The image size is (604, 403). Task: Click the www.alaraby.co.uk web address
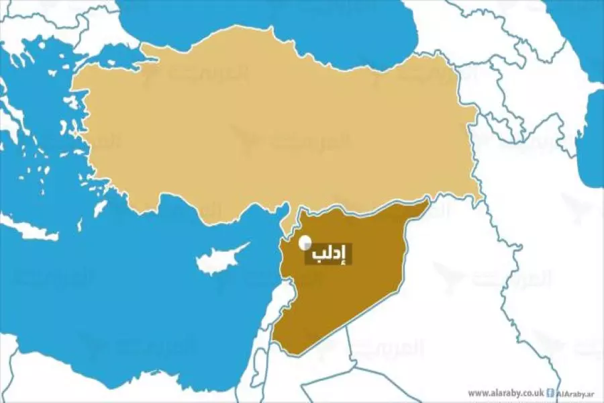tap(505, 393)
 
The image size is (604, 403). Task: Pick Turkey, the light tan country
tap(268, 128)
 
